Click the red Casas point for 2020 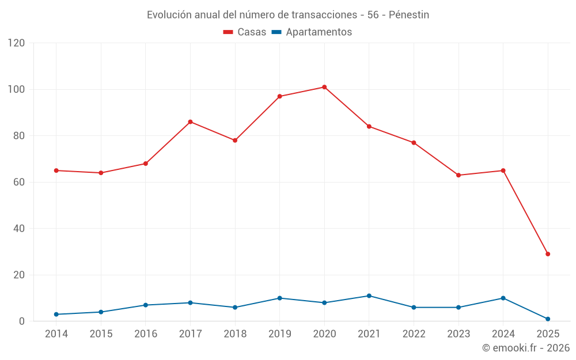(x=324, y=87)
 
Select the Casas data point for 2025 (x=548, y=254)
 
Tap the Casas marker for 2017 (x=190, y=122)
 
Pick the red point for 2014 (x=56, y=170)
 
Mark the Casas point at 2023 (x=458, y=175)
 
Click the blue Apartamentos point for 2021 (x=369, y=296)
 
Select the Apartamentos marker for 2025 (x=548, y=319)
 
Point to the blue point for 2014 (x=56, y=314)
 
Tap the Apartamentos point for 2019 (x=280, y=298)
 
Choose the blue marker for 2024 (x=503, y=298)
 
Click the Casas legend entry (x=245, y=32)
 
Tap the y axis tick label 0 (x=22, y=321)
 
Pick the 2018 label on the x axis (x=235, y=334)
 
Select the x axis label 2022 (x=414, y=334)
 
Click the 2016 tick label (x=145, y=334)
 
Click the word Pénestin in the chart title (x=409, y=15)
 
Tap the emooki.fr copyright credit (x=525, y=348)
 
